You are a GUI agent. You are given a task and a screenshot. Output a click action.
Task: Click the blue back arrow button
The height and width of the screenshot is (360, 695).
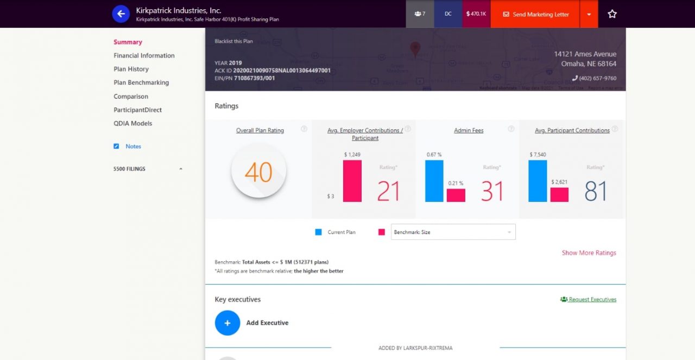click(x=121, y=14)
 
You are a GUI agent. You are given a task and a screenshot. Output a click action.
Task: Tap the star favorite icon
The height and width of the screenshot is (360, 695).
click(x=612, y=14)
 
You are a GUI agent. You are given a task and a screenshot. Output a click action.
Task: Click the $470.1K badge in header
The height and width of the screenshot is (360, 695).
click(x=476, y=14)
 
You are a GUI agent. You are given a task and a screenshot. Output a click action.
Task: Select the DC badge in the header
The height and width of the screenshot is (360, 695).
click(x=448, y=14)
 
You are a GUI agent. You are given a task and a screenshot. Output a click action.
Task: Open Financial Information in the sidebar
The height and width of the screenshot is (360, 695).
click(x=144, y=55)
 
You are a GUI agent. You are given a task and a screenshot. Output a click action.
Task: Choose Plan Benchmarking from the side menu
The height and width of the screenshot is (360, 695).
click(x=141, y=83)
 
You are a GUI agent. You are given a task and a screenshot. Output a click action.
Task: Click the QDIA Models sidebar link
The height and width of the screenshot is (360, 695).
click(x=133, y=123)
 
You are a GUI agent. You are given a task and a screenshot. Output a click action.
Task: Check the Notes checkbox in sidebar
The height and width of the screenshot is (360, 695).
click(x=116, y=147)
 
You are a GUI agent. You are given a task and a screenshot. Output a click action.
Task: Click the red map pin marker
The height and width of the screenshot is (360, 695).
click(x=415, y=49)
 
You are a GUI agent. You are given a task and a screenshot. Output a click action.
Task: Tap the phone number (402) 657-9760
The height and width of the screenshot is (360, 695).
click(x=597, y=78)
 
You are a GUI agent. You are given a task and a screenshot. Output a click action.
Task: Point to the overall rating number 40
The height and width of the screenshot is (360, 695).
click(x=258, y=172)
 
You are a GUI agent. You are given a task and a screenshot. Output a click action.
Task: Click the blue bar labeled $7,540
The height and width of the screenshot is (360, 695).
click(x=538, y=181)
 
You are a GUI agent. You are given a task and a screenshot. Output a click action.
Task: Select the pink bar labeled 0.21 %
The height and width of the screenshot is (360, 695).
click(x=456, y=195)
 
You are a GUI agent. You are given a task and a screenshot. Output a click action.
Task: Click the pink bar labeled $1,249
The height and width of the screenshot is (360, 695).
click(x=352, y=181)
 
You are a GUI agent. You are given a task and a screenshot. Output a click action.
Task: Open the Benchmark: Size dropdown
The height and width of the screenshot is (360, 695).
click(x=453, y=232)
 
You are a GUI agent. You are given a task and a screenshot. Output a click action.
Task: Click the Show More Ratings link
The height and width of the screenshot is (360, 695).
click(x=589, y=253)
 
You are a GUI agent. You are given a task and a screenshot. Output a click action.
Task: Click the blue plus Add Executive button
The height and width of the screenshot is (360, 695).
click(x=228, y=323)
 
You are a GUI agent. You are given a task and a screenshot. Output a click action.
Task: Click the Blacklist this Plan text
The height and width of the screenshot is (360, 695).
click(x=233, y=41)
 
